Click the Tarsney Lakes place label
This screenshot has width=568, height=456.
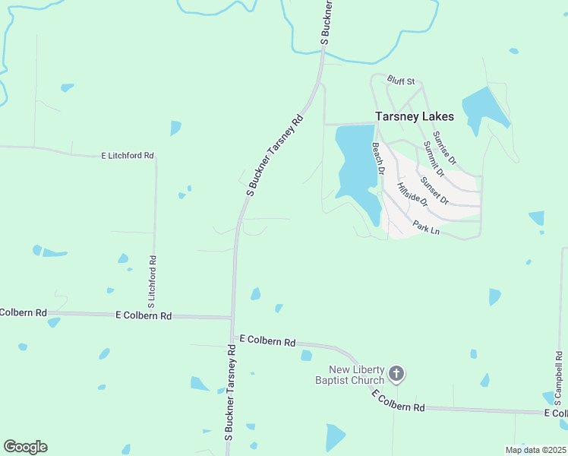[x=415, y=117]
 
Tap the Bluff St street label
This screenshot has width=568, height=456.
[x=401, y=80]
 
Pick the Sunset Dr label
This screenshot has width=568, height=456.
[x=434, y=191]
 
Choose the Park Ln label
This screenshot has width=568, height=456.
[x=426, y=226]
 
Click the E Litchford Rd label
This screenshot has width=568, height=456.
[x=128, y=156]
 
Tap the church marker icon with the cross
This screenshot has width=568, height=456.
[x=396, y=373]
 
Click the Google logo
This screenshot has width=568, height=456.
[x=26, y=446]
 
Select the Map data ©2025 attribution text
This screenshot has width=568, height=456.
[x=535, y=450]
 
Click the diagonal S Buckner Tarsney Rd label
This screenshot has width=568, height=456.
[x=275, y=155]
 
